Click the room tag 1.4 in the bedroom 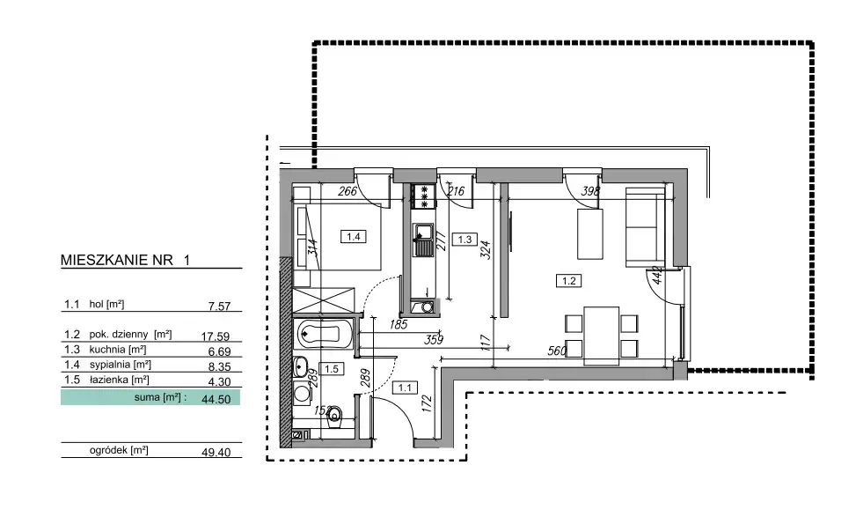click(x=353, y=237)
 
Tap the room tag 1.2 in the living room click(x=568, y=281)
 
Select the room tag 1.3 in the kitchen click(x=465, y=240)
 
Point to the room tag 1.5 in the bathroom click(x=332, y=369)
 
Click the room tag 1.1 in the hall click(x=405, y=388)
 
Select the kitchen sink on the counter click(x=423, y=240)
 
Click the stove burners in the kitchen click(x=424, y=196)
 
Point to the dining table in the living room click(x=601, y=335)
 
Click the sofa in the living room click(x=645, y=227)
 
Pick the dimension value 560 click(x=558, y=351)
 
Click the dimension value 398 click(x=590, y=191)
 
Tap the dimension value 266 click(x=348, y=191)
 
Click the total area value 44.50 click(x=216, y=399)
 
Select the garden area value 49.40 click(x=216, y=452)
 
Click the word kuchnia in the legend click(x=107, y=350)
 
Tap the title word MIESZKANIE click(x=117, y=260)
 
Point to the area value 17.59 click(x=215, y=336)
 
